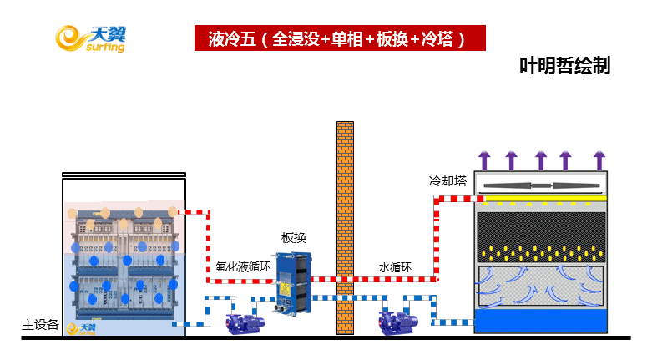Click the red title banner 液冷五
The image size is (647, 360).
pyautogui.click(x=338, y=38)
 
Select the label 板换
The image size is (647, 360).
pyautogui.click(x=294, y=238)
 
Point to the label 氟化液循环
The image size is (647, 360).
pyautogui.click(x=243, y=268)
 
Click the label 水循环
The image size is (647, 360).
pyautogui.click(x=396, y=268)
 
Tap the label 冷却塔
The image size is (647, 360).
pyautogui.click(x=447, y=180)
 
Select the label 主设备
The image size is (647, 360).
pyautogui.click(x=40, y=325)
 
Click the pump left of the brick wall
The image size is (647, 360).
pyautogui.click(x=249, y=321)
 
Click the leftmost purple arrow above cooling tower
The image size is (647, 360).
pyautogui.click(x=483, y=160)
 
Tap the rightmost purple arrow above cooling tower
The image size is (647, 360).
pyautogui.click(x=599, y=160)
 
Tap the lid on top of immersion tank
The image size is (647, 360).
pyautogui.click(x=124, y=175)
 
